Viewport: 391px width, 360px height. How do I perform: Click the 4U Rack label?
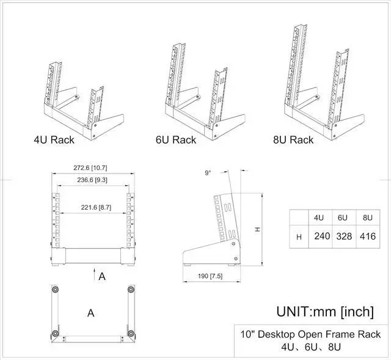point(54,140)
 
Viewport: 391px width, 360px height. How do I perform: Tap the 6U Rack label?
point(176,140)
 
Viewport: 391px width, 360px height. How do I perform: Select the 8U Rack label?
point(293,140)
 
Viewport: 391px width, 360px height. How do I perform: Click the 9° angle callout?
point(208,173)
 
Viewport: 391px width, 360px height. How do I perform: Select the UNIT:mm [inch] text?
point(324,312)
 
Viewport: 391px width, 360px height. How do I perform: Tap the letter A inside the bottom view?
point(90,313)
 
